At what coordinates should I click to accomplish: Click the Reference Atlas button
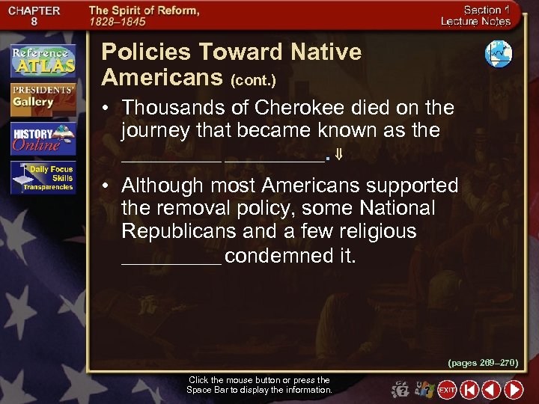coord(43,61)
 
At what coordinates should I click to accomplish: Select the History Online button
coord(43,138)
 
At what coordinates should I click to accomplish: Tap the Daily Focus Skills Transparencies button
coord(43,178)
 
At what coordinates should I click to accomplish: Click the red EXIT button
coord(447,390)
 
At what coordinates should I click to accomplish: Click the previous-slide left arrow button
coord(491,390)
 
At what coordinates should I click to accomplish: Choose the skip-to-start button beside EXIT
coord(469,390)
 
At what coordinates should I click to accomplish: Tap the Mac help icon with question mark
coord(401,390)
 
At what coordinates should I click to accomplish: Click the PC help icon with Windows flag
coord(423,390)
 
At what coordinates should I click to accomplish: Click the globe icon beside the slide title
coord(498,54)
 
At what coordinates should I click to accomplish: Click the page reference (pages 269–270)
coord(483,363)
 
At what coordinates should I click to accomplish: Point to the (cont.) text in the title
coord(252,79)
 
